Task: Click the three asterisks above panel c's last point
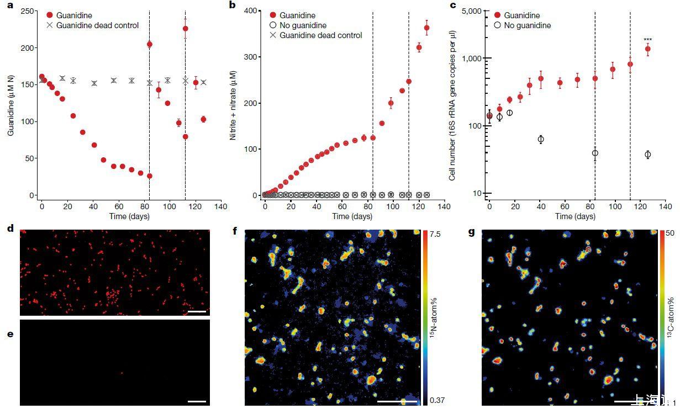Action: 648,40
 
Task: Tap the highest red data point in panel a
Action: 186,29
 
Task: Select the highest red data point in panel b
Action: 426,28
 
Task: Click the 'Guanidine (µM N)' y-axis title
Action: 9,104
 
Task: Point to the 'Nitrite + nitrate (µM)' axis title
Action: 234,104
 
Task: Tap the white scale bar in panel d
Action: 197,311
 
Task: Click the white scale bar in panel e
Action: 197,401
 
